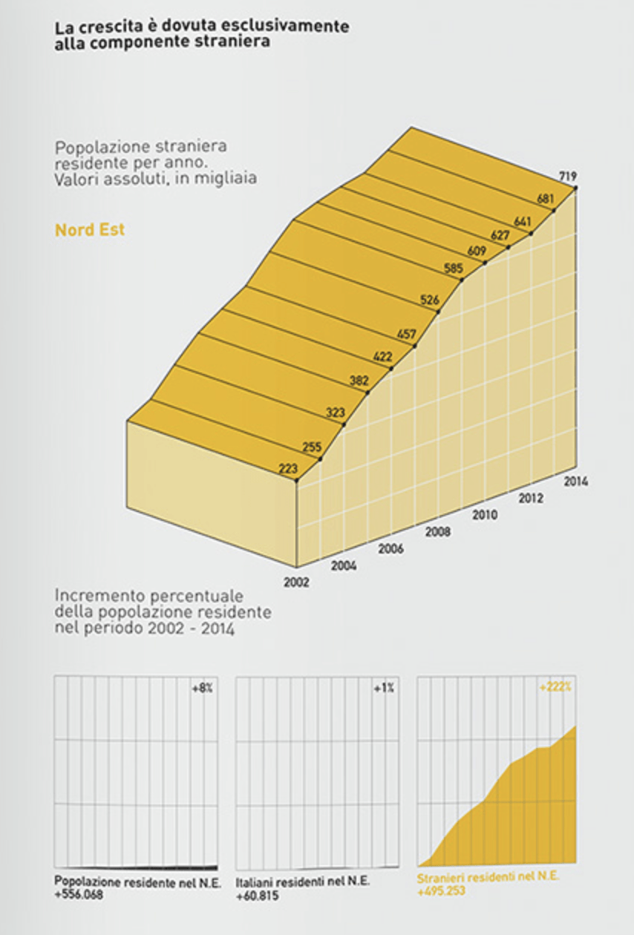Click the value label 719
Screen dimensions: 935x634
[569, 176]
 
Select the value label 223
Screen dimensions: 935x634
[288, 468]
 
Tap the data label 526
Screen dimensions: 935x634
[430, 300]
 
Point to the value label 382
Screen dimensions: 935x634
[359, 381]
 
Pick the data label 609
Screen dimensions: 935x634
[477, 250]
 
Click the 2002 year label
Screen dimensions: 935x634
[296, 582]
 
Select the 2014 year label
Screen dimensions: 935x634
[575, 481]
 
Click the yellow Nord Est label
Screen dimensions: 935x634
[90, 230]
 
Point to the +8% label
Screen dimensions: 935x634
[203, 688]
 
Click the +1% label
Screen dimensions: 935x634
[384, 688]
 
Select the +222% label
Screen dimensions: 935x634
[555, 688]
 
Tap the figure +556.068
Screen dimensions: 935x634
[78, 894]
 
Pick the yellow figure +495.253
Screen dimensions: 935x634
[441, 891]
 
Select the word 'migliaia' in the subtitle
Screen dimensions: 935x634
[230, 179]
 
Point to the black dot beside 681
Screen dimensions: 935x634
[554, 211]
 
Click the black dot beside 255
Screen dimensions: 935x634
[321, 459]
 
